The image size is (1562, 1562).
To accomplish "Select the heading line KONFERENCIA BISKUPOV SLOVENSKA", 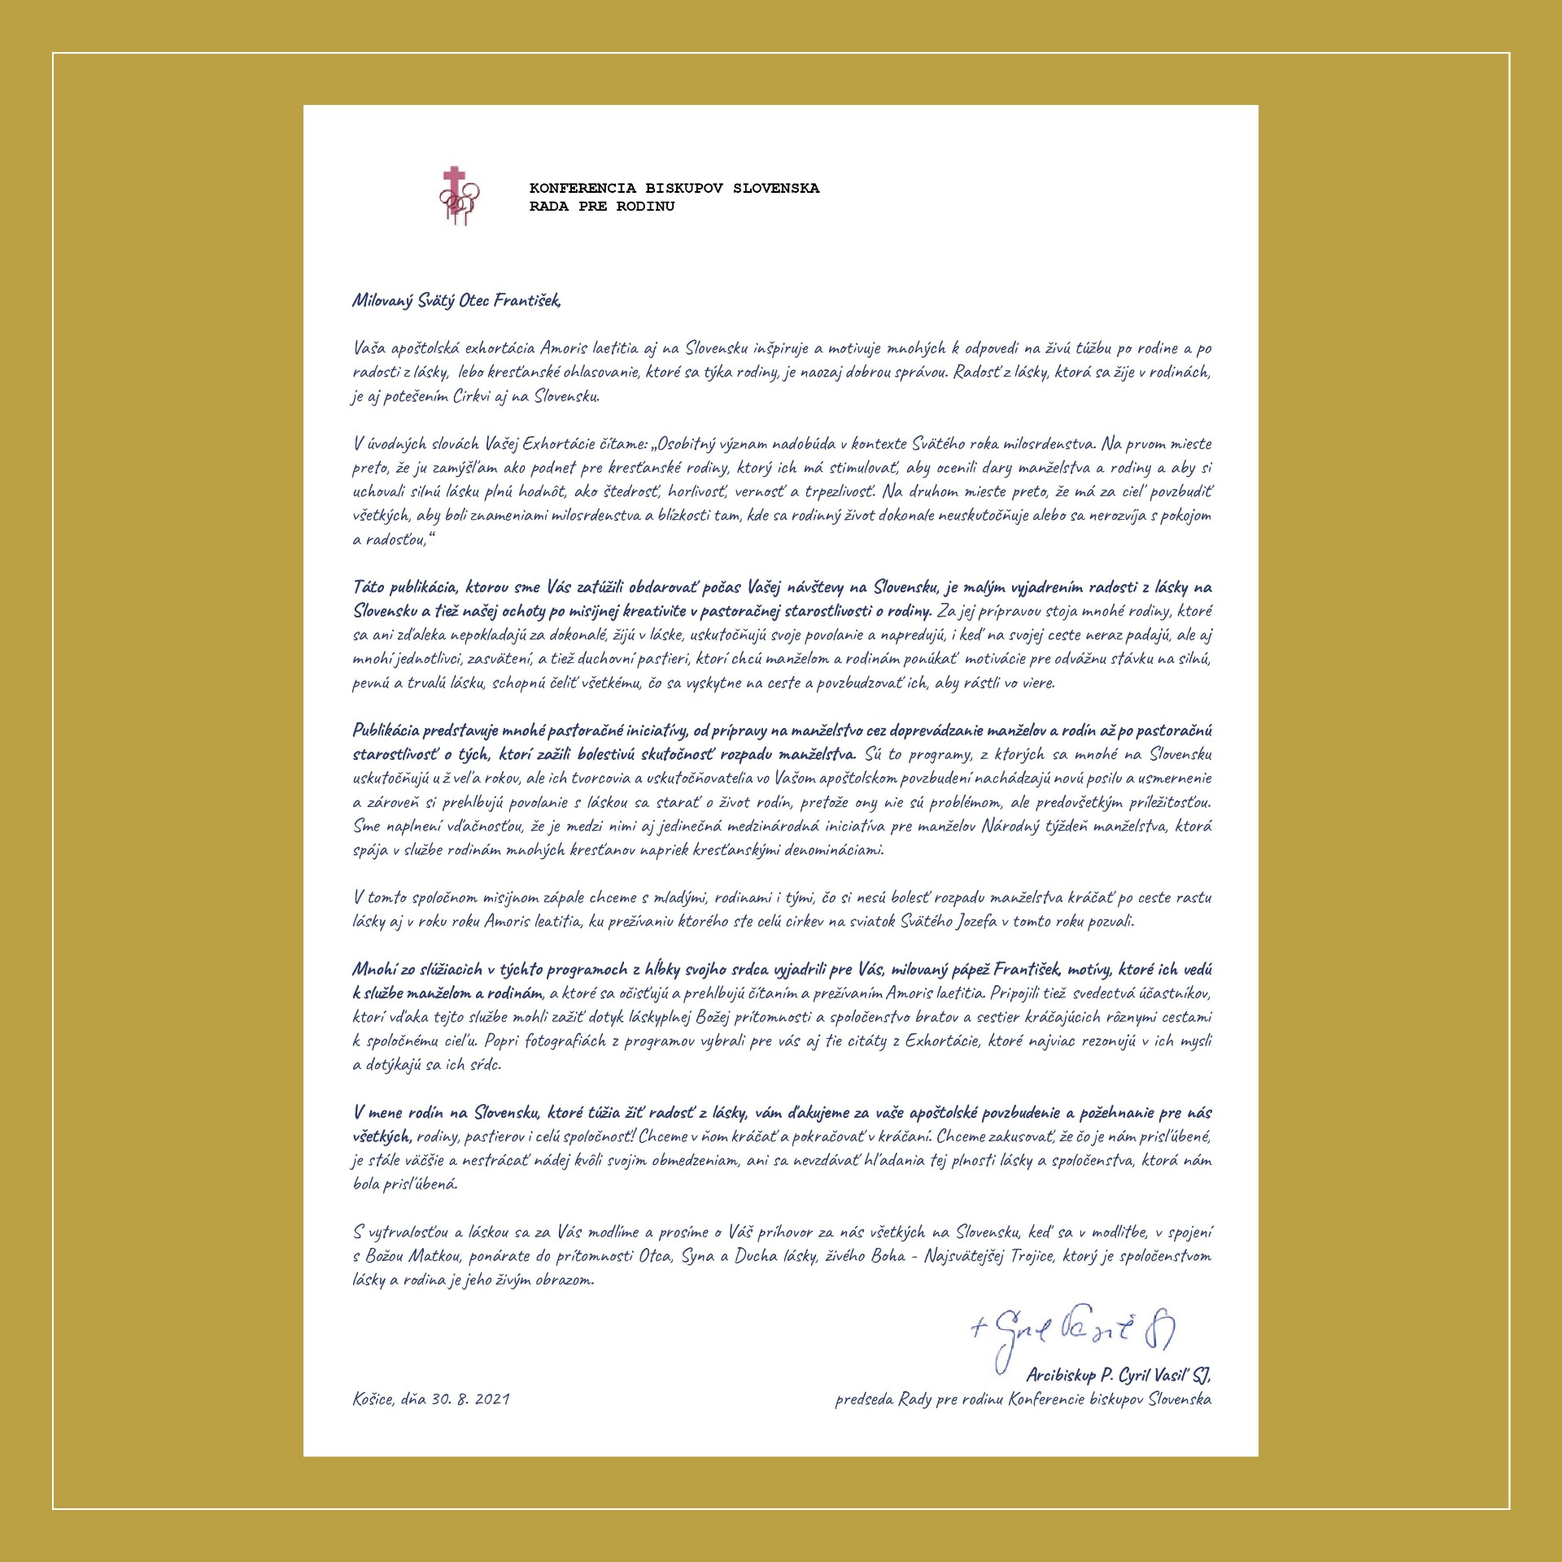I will tap(674, 189).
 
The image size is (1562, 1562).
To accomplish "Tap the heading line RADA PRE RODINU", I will tap(601, 207).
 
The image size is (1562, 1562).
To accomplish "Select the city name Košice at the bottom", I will tap(373, 1399).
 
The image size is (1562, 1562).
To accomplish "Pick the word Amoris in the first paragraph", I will tap(586, 348).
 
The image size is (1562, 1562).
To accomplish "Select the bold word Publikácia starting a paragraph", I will tap(386, 731).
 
